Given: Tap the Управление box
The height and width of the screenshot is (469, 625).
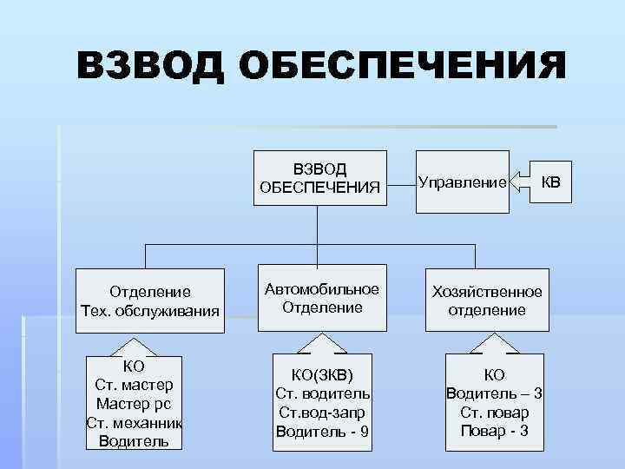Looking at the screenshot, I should (462, 182).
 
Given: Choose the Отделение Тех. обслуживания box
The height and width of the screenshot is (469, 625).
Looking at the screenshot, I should (148, 301).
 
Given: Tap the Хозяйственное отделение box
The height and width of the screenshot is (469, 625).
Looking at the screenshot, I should (487, 301).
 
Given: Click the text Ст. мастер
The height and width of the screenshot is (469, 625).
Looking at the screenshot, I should (134, 385).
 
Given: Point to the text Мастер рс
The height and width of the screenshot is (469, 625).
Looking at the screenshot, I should (134, 403).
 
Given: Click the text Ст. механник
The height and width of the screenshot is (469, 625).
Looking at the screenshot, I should (134, 422).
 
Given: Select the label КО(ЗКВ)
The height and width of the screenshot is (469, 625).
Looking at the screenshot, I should (323, 374).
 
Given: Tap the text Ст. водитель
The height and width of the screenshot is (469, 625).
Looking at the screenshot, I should (323, 393).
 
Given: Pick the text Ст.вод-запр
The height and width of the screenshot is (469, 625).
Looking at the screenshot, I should (323, 413).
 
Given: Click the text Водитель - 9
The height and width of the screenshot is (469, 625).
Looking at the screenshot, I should (323, 431).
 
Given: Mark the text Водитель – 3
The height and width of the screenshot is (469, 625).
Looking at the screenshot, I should (494, 393).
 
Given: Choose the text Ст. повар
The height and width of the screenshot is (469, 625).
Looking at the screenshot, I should (494, 413).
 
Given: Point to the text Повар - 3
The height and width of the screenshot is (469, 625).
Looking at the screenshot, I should (494, 431).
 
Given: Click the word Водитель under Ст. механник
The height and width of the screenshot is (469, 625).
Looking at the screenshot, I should (134, 440).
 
